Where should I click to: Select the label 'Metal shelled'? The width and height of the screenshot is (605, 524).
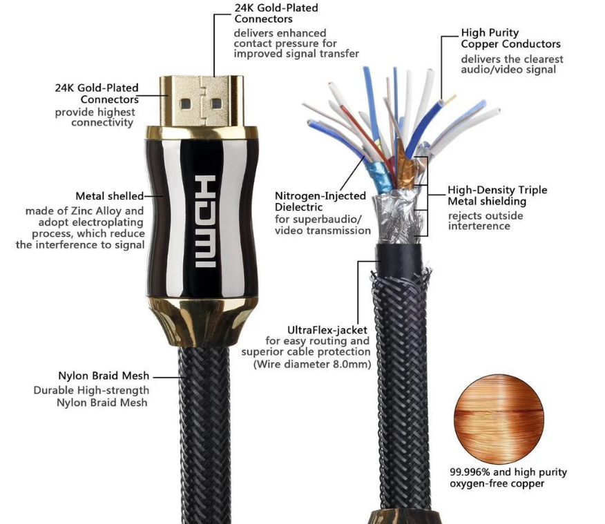pyautogui.click(x=110, y=197)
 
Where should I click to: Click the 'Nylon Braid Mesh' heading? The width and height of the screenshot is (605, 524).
pyautogui.click(x=102, y=377)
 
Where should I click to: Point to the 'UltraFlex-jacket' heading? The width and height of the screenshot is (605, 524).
pyautogui.click(x=328, y=330)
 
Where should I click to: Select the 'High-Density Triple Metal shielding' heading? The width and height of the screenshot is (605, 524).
pyautogui.click(x=497, y=195)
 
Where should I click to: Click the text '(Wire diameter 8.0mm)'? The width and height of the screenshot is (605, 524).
pyautogui.click(x=312, y=364)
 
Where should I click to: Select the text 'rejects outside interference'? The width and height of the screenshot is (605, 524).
pyautogui.click(x=486, y=221)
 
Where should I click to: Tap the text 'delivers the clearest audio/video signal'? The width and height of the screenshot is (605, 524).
pyautogui.click(x=512, y=64)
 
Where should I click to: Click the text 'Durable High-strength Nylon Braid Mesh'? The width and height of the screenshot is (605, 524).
pyautogui.click(x=90, y=396)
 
